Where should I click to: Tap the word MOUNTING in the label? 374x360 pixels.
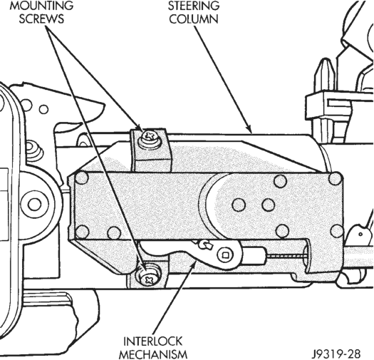point(41,6)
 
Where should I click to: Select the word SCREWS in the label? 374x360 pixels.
point(41,19)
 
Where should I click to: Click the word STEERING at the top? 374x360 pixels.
point(194,6)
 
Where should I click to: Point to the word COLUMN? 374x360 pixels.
point(194,19)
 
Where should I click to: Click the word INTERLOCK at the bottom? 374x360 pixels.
point(152,342)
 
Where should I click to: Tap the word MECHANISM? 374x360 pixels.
point(152,354)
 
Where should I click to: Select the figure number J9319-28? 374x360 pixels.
point(337,353)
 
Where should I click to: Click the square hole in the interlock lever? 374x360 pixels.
point(225,255)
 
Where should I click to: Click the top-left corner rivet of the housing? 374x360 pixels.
point(82,178)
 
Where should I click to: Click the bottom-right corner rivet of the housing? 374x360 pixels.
point(337,230)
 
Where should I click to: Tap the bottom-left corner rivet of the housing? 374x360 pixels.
point(82,232)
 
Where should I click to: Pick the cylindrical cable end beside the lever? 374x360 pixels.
point(254,256)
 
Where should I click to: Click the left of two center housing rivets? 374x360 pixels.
point(239,205)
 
